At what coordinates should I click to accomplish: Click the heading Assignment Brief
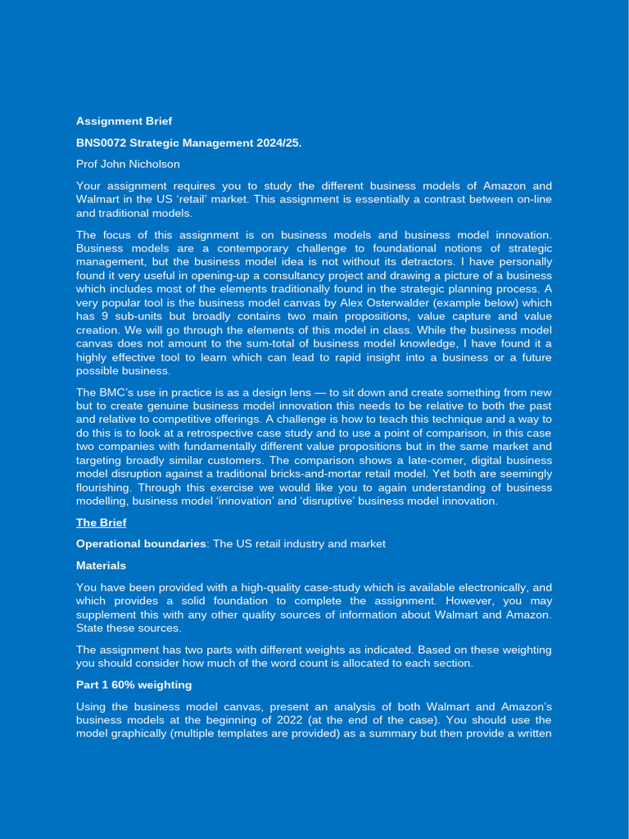(124, 121)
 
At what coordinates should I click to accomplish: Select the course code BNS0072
(101, 143)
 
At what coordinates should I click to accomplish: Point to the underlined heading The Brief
(101, 523)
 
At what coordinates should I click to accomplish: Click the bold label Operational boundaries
(141, 544)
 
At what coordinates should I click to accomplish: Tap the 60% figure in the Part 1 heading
(123, 685)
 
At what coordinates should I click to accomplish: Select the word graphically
(143, 733)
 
